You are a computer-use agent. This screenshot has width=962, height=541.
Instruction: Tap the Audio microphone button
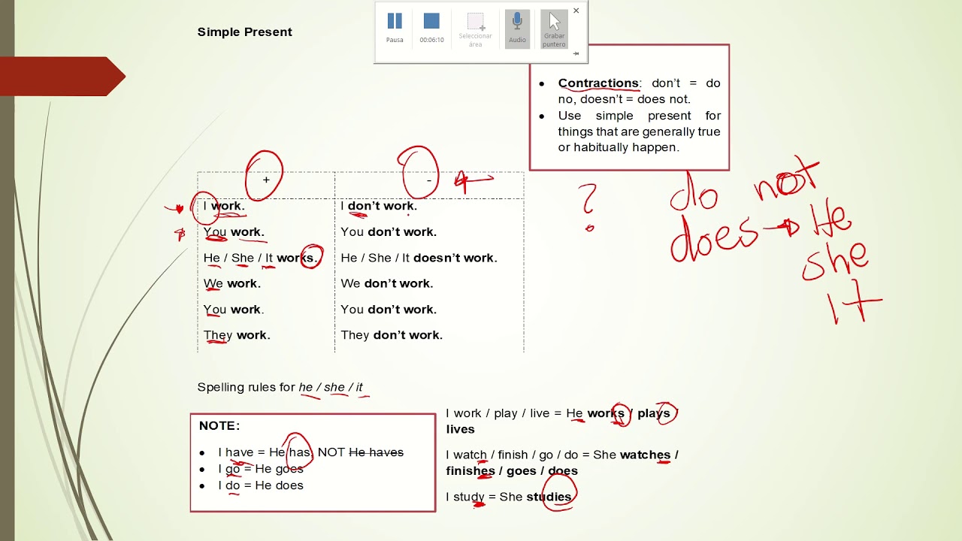pyautogui.click(x=517, y=29)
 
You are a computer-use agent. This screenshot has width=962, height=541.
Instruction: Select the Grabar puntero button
pyautogui.click(x=554, y=29)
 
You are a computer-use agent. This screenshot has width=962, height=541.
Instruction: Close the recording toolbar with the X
pyautogui.click(x=576, y=11)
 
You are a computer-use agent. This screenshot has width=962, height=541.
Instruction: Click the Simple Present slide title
pyautogui.click(x=245, y=32)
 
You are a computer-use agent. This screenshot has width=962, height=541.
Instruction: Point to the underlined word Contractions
pyautogui.click(x=598, y=83)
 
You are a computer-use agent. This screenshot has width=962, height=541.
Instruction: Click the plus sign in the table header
pyautogui.click(x=266, y=180)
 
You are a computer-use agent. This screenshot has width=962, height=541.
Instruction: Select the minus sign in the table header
pyautogui.click(x=429, y=181)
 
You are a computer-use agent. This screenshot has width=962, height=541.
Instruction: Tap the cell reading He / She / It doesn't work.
pyautogui.click(x=419, y=258)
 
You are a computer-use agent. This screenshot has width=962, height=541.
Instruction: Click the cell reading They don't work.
pyautogui.click(x=392, y=335)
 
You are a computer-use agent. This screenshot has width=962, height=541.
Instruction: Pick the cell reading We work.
pyautogui.click(x=232, y=283)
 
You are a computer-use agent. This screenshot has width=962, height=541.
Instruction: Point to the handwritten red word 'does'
pyautogui.click(x=713, y=238)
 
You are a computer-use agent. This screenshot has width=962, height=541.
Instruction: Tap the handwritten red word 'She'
pyautogui.click(x=835, y=262)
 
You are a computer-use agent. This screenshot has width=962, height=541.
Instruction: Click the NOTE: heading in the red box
pyautogui.click(x=219, y=425)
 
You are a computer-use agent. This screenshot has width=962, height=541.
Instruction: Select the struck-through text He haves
pyautogui.click(x=377, y=452)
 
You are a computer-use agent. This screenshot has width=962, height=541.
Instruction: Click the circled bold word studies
pyautogui.click(x=549, y=497)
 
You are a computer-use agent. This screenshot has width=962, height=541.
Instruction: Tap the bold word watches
pyautogui.click(x=645, y=455)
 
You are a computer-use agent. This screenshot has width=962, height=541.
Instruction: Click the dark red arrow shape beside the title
pyautogui.click(x=62, y=77)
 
